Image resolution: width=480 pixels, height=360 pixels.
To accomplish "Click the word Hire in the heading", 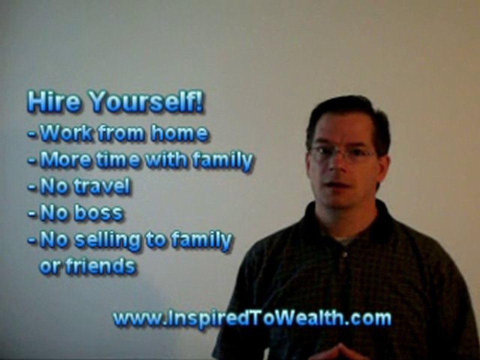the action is click(54, 101).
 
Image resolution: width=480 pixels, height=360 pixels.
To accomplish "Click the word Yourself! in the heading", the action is click(146, 101).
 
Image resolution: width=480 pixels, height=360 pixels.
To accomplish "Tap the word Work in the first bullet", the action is click(66, 133).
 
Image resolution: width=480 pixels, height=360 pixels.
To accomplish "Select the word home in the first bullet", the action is click(179, 133).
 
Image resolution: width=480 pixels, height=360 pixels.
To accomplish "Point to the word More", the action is click(65, 159).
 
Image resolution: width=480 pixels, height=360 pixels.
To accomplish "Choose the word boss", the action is click(99, 212).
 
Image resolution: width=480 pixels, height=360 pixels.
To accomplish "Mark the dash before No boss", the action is click(32, 213).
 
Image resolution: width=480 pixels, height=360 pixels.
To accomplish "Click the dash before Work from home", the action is click(32, 134).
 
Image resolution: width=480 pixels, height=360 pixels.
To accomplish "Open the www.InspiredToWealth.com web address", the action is click(252, 318).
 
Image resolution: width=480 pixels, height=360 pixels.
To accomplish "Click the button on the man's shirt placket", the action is click(345, 254).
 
